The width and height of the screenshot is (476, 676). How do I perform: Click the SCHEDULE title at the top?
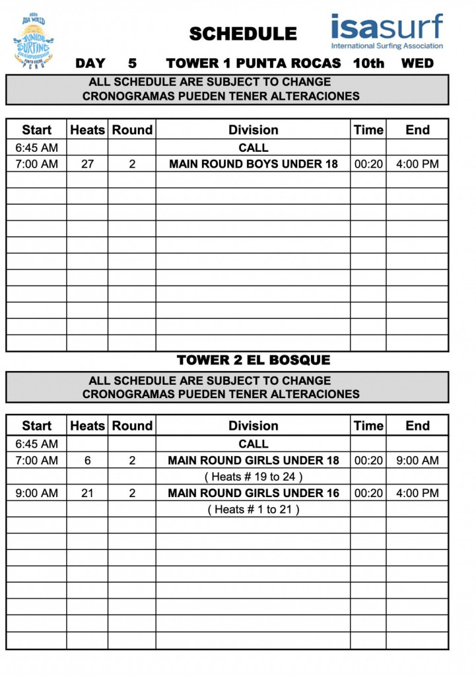tap(243, 34)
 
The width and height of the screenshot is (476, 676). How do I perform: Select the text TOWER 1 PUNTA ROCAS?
tap(254, 63)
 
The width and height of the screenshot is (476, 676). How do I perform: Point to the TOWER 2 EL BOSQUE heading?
tap(254, 360)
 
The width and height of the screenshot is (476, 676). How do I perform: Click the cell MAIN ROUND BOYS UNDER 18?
tap(254, 164)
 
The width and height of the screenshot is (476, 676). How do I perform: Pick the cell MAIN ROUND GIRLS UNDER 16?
tap(254, 493)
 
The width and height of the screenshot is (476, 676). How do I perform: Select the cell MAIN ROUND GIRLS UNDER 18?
tap(254, 460)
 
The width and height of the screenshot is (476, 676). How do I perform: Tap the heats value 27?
tap(87, 164)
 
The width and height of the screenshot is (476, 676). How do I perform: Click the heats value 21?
tap(87, 493)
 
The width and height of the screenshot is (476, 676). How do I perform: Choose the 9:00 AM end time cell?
tap(417, 460)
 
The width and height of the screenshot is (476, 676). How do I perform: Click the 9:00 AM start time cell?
tap(36, 493)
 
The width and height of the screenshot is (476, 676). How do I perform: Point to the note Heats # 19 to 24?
tap(254, 477)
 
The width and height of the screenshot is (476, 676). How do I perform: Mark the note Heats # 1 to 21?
tap(254, 510)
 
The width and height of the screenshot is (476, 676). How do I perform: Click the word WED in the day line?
tap(417, 63)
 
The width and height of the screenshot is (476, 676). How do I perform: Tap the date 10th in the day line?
tap(368, 63)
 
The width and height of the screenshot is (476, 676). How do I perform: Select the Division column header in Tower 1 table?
tap(254, 130)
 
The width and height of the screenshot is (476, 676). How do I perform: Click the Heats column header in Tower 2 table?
tap(87, 426)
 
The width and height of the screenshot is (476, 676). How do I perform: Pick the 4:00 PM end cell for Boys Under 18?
tap(417, 164)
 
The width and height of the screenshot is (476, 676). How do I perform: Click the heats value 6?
tap(87, 460)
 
